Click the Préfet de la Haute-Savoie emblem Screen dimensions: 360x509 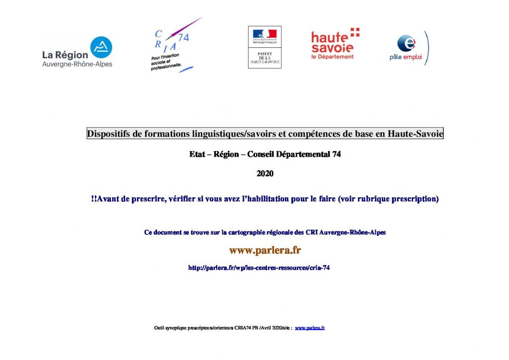264,47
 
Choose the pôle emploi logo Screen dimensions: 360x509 408,48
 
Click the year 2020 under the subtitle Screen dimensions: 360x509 265,174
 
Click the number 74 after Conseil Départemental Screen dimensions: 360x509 336,155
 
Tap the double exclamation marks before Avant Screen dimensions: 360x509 94,199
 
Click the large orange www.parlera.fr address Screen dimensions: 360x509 264,250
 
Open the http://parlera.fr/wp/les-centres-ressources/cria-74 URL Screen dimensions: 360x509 259,268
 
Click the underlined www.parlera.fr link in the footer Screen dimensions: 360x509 310,328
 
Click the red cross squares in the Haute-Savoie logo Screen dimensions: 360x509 355,32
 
